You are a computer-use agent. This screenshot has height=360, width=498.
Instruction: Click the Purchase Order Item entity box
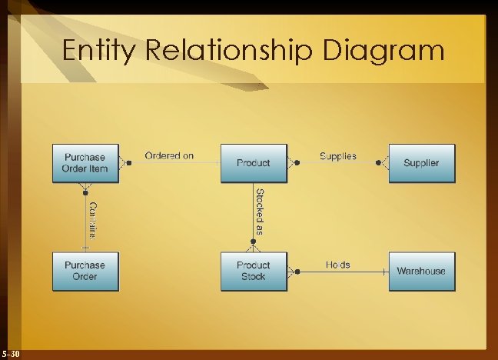coord(85,163)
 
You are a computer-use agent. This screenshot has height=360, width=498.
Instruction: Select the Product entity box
coord(253,163)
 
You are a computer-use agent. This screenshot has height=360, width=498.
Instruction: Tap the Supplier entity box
coord(421,163)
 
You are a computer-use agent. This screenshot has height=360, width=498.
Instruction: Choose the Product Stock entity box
coord(253,271)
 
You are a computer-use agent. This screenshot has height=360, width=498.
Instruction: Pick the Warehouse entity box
coord(421,271)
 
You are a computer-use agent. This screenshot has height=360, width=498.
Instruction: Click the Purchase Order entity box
coord(85,271)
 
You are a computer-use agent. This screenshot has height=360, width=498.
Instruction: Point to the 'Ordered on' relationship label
coord(169,155)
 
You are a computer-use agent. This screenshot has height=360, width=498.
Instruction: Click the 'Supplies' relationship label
coord(338,155)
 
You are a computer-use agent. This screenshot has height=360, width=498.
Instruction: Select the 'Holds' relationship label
coord(337,264)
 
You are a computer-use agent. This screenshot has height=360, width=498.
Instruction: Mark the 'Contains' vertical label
coord(91,219)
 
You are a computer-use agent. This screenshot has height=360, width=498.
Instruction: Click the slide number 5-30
coord(12,354)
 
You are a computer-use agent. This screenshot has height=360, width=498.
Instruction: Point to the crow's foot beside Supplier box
coord(383,163)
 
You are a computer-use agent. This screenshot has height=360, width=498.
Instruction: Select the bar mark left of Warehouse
coord(383,272)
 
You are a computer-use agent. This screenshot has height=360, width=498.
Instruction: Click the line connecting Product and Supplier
coord(338,163)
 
